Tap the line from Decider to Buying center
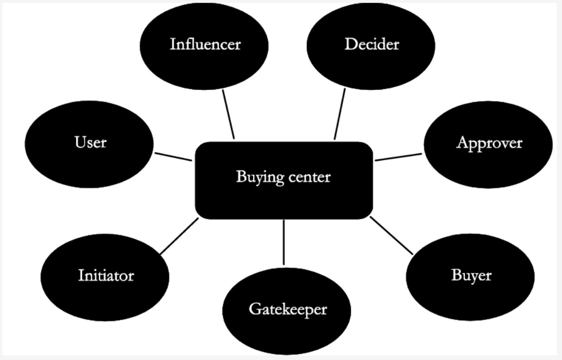(x=340, y=113)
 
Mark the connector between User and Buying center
(x=173, y=156)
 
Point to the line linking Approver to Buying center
(x=399, y=157)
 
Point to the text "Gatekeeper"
(x=288, y=309)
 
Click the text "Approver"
(x=489, y=143)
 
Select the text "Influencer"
(x=205, y=44)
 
